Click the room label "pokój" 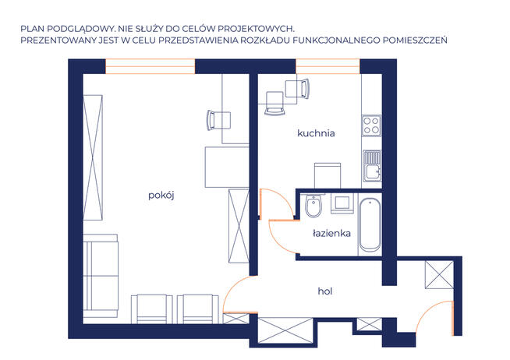161,196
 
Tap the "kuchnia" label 316,133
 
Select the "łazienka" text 331,233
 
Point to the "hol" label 325,291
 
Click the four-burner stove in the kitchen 371,125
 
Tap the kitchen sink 372,165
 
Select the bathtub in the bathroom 370,224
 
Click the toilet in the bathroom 313,206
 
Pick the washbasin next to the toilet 342,203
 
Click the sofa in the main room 101,276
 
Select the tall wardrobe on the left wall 93,157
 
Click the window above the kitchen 328,66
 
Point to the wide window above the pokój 151,66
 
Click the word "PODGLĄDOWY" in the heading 81,29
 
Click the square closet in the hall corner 439,274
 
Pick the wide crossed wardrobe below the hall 285,330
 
